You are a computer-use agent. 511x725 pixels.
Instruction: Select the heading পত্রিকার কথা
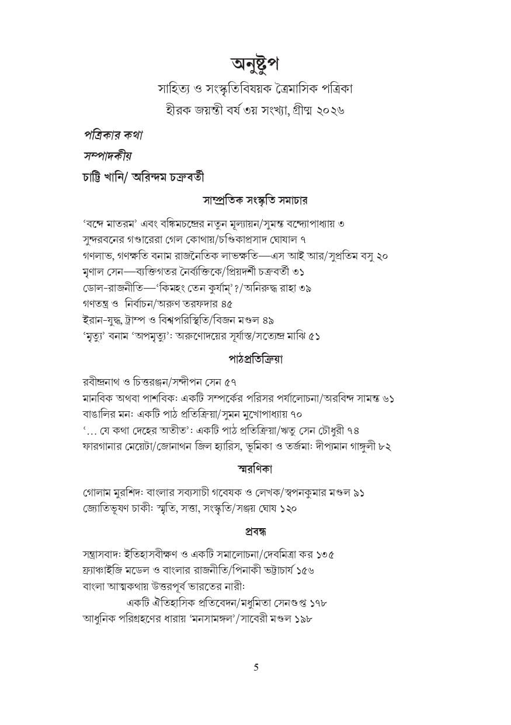tap(113, 135)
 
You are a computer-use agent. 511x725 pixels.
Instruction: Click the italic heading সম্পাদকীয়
tap(107, 156)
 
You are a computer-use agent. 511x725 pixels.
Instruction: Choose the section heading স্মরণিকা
tap(255, 469)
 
